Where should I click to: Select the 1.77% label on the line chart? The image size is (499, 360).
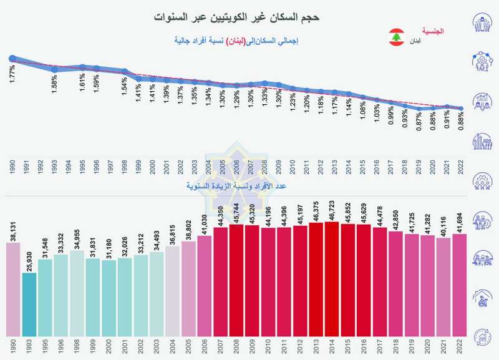[12, 75]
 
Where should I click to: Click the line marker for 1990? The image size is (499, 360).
[12, 59]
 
